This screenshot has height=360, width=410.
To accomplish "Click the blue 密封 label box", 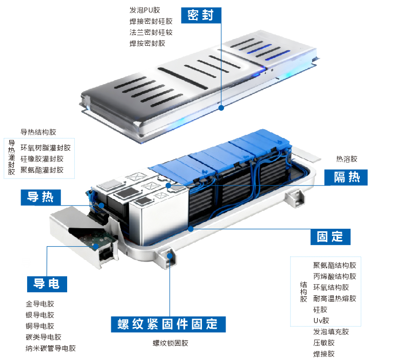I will pyautogui.click(x=201, y=15).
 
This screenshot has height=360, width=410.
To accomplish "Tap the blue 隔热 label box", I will pyautogui.click(x=346, y=177).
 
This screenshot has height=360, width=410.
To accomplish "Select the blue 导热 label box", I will pyautogui.click(x=40, y=197).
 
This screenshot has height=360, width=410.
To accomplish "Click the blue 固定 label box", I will pyautogui.click(x=330, y=236).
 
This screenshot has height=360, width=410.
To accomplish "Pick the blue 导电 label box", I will pyautogui.click(x=47, y=284).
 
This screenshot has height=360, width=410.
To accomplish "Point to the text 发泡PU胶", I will pyautogui.click(x=145, y=10).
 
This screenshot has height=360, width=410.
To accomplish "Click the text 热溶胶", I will pyautogui.click(x=346, y=159).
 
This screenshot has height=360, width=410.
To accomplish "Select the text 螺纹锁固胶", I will pyautogui.click(x=170, y=343).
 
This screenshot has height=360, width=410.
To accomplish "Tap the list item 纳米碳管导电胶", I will pyautogui.click(x=51, y=348).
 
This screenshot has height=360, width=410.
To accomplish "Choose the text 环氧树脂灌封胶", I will pyautogui.click(x=46, y=148).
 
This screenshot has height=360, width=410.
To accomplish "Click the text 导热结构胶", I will pyautogui.click(x=38, y=132).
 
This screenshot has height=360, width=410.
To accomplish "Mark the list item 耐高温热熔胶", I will pyautogui.click(x=335, y=298).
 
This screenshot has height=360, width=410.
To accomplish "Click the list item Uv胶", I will pyautogui.click(x=321, y=321).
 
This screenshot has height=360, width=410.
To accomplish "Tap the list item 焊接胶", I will pyautogui.click(x=324, y=354).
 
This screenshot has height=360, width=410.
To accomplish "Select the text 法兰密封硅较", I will pyautogui.click(x=151, y=32).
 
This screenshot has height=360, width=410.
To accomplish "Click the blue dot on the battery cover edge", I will pyautogui.click(x=221, y=108).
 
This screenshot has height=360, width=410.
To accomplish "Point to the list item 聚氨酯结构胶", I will pyautogui.click(x=335, y=265).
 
